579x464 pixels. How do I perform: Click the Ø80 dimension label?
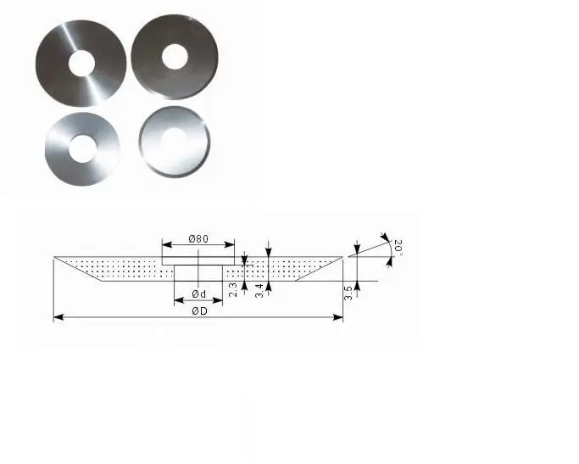point(198,239)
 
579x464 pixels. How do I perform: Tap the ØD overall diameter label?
point(199,311)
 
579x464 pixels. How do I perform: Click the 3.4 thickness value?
point(258,289)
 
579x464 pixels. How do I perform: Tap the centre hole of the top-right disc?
point(175,56)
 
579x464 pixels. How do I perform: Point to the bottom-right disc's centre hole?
point(175,141)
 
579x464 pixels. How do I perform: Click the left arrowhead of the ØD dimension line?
point(57,318)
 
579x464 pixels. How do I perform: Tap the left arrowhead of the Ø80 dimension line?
point(164,245)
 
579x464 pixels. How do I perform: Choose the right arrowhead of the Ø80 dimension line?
point(231,245)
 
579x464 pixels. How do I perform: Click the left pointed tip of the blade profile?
point(54,257)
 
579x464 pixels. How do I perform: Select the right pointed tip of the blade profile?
point(343,257)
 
